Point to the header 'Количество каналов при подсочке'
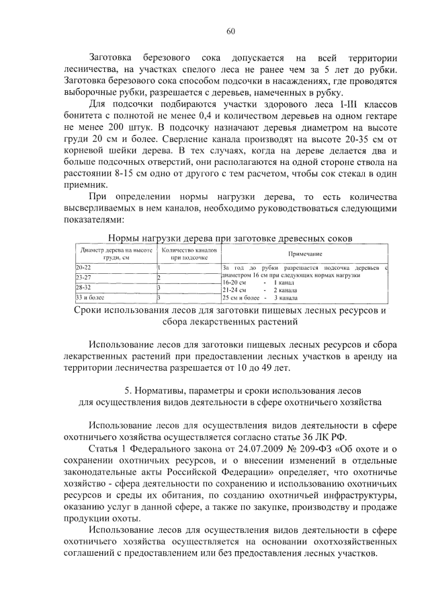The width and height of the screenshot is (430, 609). [187, 253]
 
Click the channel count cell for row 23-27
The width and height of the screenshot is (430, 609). [159, 277]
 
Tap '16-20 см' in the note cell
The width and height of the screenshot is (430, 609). [235, 283]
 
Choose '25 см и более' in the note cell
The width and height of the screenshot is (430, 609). [241, 297]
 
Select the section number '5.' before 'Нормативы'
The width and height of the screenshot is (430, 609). [129, 390]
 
